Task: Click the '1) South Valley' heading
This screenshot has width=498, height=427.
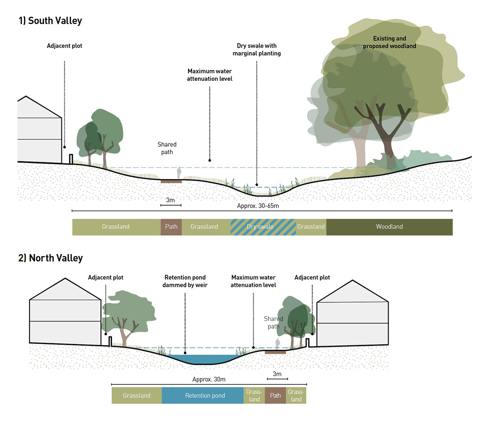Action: (50, 21)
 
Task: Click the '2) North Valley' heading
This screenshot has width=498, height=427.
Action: (51, 258)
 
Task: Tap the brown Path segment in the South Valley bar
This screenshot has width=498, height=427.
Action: (171, 227)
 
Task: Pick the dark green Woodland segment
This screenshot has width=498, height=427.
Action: (389, 227)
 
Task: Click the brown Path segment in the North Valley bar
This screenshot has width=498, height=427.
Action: (275, 395)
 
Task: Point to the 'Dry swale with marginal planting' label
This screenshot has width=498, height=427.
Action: (256, 49)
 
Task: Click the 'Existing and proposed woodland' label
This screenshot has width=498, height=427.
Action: (389, 42)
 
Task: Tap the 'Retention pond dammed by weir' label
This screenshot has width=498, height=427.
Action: (185, 281)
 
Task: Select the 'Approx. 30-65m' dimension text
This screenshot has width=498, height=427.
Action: (258, 206)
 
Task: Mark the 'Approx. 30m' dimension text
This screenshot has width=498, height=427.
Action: (209, 379)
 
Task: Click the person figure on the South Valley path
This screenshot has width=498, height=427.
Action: (179, 173)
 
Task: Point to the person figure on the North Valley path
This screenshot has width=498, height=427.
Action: (278, 344)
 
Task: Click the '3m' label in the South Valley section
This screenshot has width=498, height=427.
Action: (170, 200)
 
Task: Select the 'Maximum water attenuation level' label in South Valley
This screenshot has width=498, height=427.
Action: (210, 75)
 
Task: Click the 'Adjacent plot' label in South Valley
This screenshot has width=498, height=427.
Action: (64, 46)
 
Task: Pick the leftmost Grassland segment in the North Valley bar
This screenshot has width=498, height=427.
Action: (137, 395)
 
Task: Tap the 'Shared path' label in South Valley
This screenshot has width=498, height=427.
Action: (167, 148)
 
